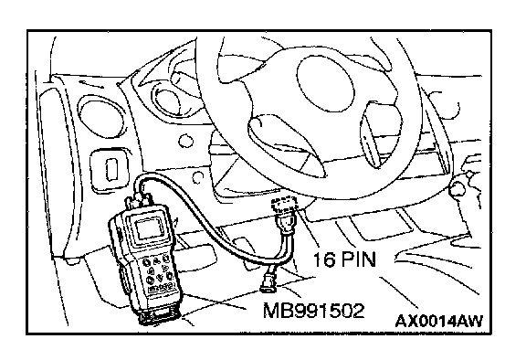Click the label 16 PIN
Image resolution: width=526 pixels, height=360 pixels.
click(344, 259)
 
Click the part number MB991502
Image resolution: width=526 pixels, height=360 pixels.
click(313, 311)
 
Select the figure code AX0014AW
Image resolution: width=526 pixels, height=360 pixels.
click(439, 321)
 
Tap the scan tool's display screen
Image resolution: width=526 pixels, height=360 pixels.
click(149, 228)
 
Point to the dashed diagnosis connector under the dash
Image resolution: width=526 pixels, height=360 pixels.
click(284, 203)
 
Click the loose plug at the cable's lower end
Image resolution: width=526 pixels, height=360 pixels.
click(268, 281)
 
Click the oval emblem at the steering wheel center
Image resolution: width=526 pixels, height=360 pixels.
click(325, 83)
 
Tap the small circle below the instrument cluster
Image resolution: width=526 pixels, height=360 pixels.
click(186, 142)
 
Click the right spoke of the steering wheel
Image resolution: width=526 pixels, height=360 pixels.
click(381, 134)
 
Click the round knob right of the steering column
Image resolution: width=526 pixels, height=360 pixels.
click(458, 188)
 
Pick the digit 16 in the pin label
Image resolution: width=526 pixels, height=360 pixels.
click(324, 259)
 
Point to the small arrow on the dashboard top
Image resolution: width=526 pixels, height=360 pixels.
click(91, 83)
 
